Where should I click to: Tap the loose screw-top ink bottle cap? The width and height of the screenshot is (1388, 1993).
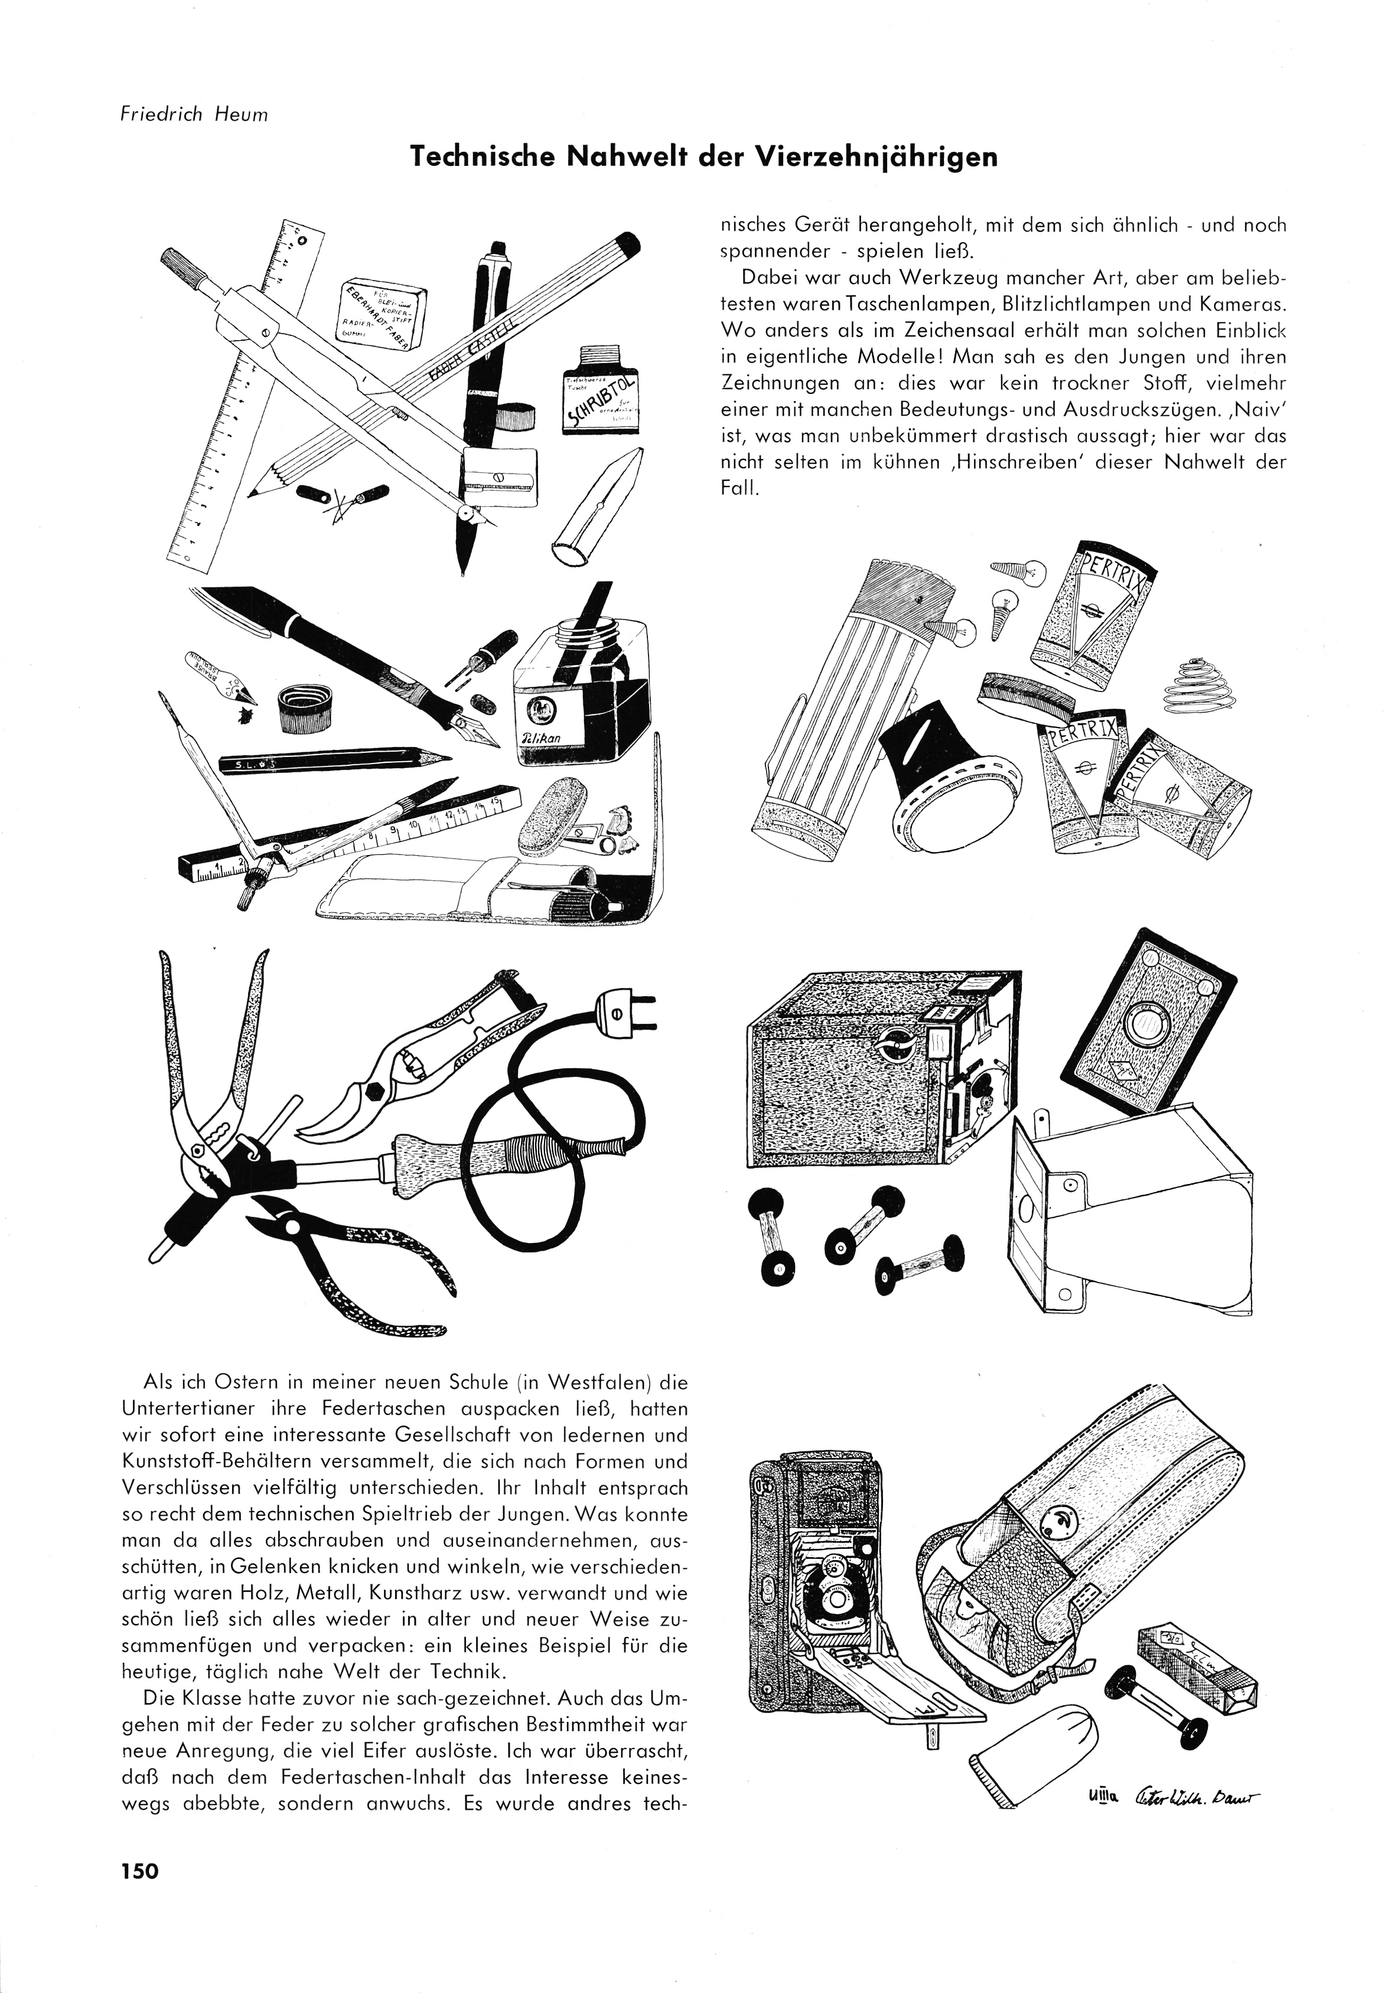click(x=303, y=707)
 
